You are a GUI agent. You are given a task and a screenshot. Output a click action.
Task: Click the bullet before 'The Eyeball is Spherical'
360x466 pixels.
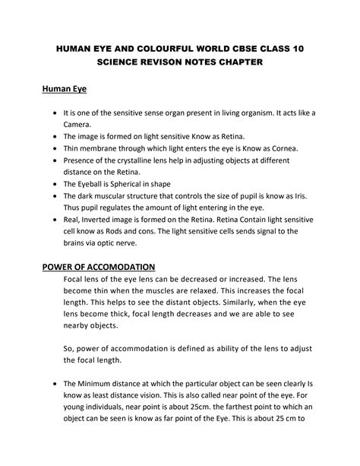[55, 185]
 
